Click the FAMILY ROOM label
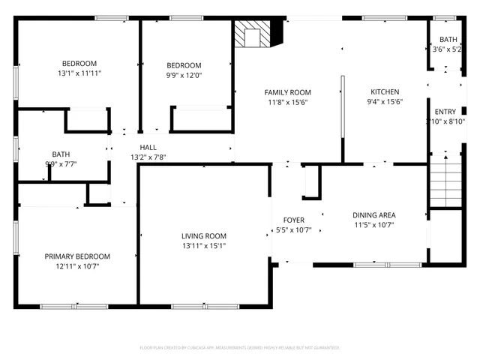287,92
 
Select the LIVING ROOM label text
203,235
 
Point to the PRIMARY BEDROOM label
76,256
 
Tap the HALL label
148,147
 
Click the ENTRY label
445,112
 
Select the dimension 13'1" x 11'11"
79,73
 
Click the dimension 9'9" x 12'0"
184,75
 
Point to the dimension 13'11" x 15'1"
203,245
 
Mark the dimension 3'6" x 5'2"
448,49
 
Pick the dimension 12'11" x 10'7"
76,265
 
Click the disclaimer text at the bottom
240,347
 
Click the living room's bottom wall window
205,306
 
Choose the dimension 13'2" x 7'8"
148,157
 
